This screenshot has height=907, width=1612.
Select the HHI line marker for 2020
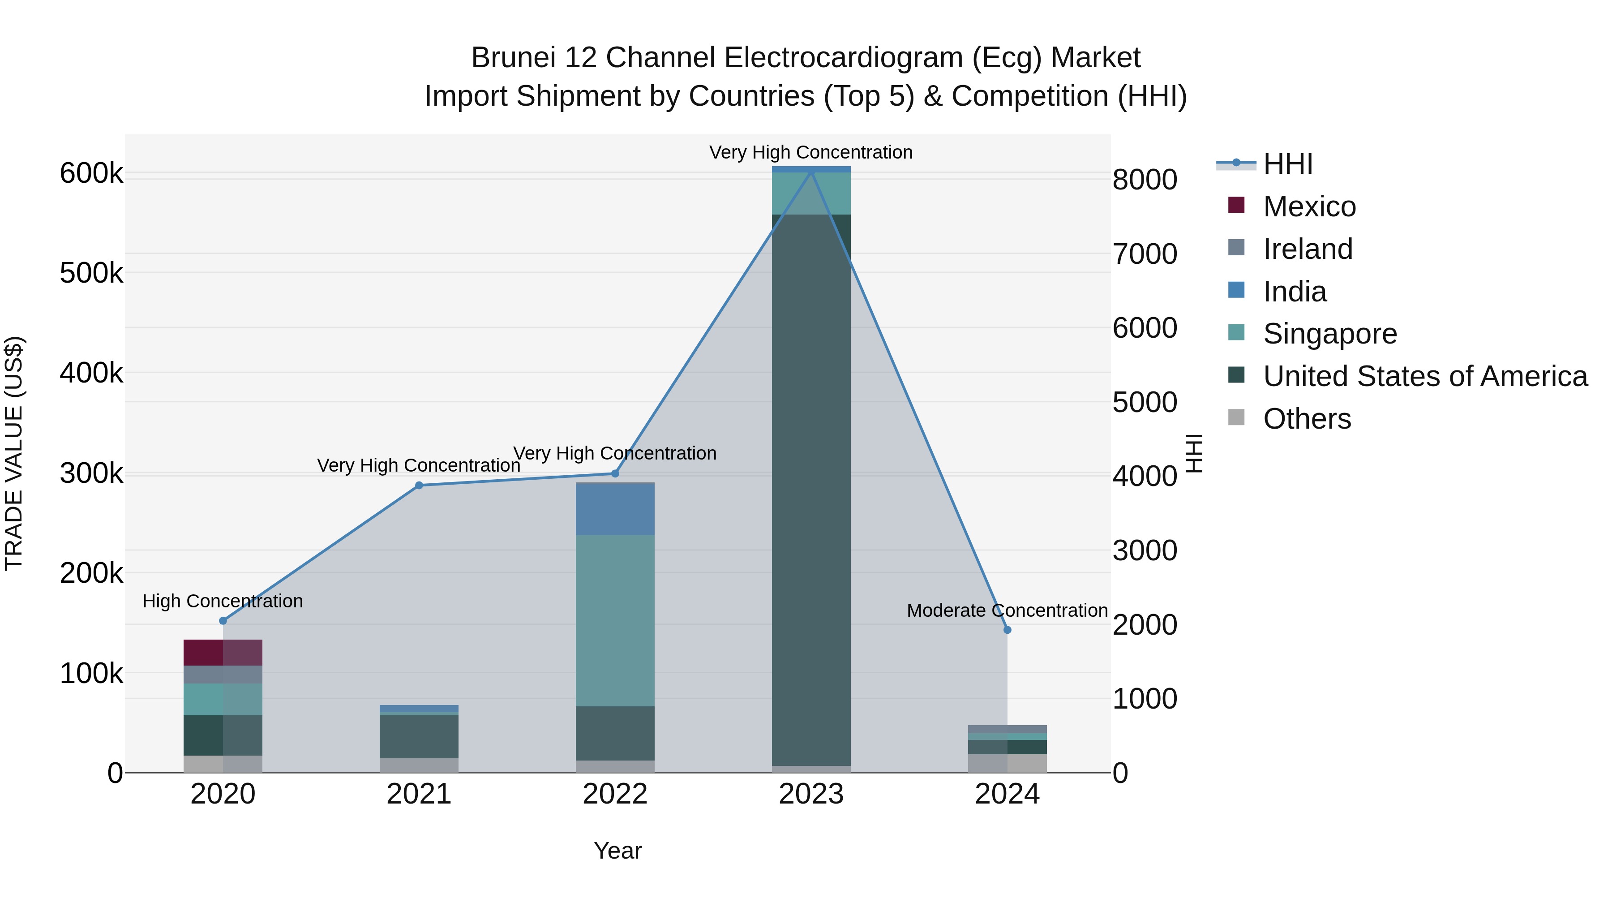[x=223, y=620]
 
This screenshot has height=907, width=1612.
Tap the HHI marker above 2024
[x=1007, y=630]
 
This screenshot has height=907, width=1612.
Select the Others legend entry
[x=1307, y=419]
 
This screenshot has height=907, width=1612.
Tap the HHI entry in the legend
[x=1287, y=164]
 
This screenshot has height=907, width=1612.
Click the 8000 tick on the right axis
[x=1145, y=180]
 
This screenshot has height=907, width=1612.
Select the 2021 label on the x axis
[x=419, y=794]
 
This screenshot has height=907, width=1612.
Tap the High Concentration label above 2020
[x=223, y=601]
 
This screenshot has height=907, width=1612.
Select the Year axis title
[x=617, y=851]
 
